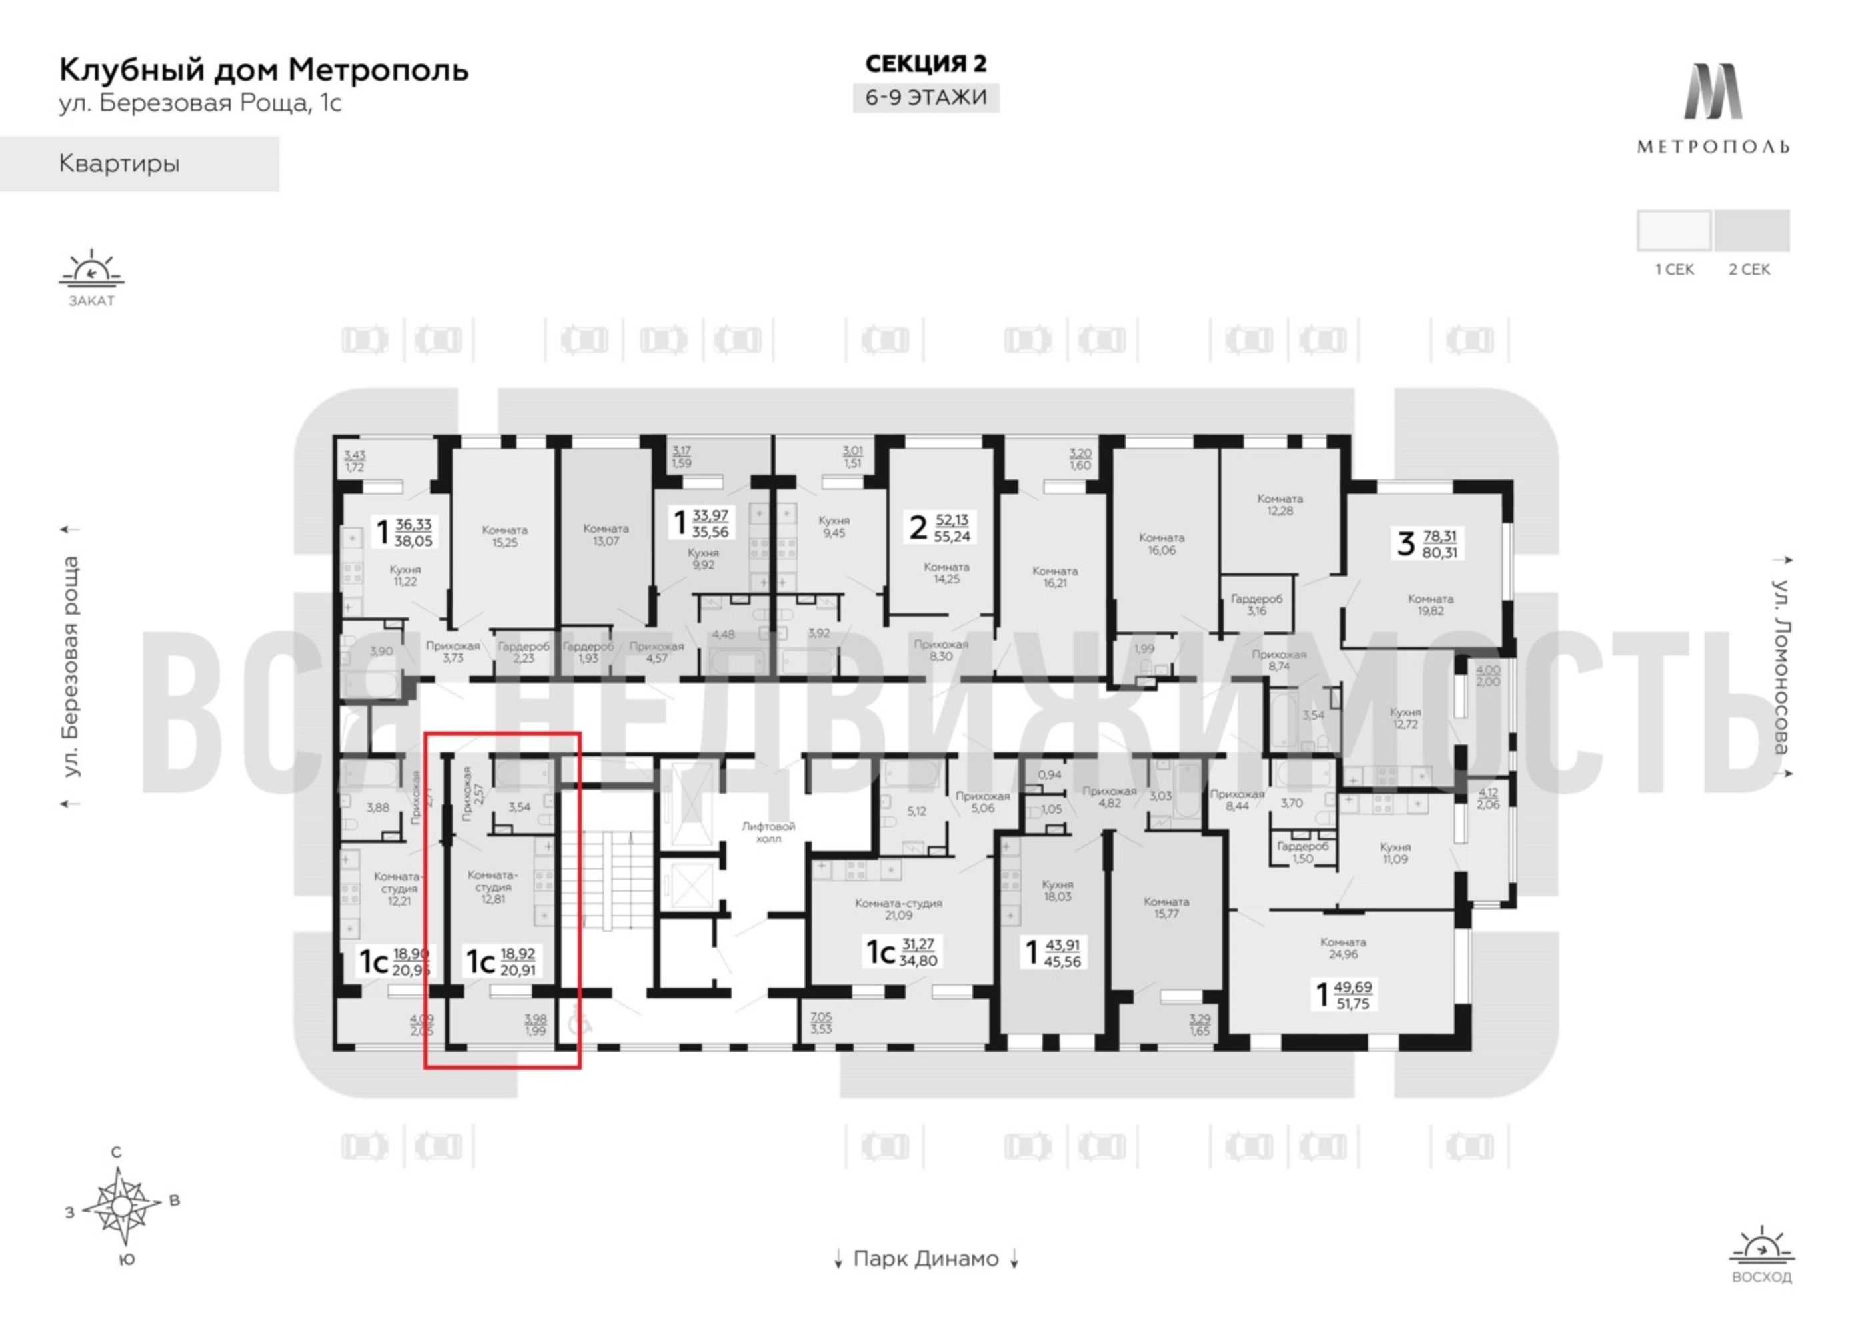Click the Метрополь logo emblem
tap(1712, 91)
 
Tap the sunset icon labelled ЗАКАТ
tap(91, 271)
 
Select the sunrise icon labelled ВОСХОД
tap(1761, 1247)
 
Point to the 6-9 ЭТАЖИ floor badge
tap(926, 97)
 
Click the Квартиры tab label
tap(119, 163)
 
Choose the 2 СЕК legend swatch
tap(1751, 231)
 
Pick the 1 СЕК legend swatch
tap(1674, 231)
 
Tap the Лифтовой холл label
tap(768, 832)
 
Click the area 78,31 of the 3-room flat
tap(1439, 536)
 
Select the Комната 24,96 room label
tap(1342, 948)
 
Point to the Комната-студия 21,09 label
tap(898, 909)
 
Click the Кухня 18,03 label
tap(1058, 890)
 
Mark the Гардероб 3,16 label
tap(1256, 605)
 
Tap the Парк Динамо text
tap(926, 1258)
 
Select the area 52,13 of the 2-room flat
tap(952, 519)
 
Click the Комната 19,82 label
tap(1431, 605)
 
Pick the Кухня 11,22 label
tap(405, 575)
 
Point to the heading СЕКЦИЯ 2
tap(926, 63)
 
